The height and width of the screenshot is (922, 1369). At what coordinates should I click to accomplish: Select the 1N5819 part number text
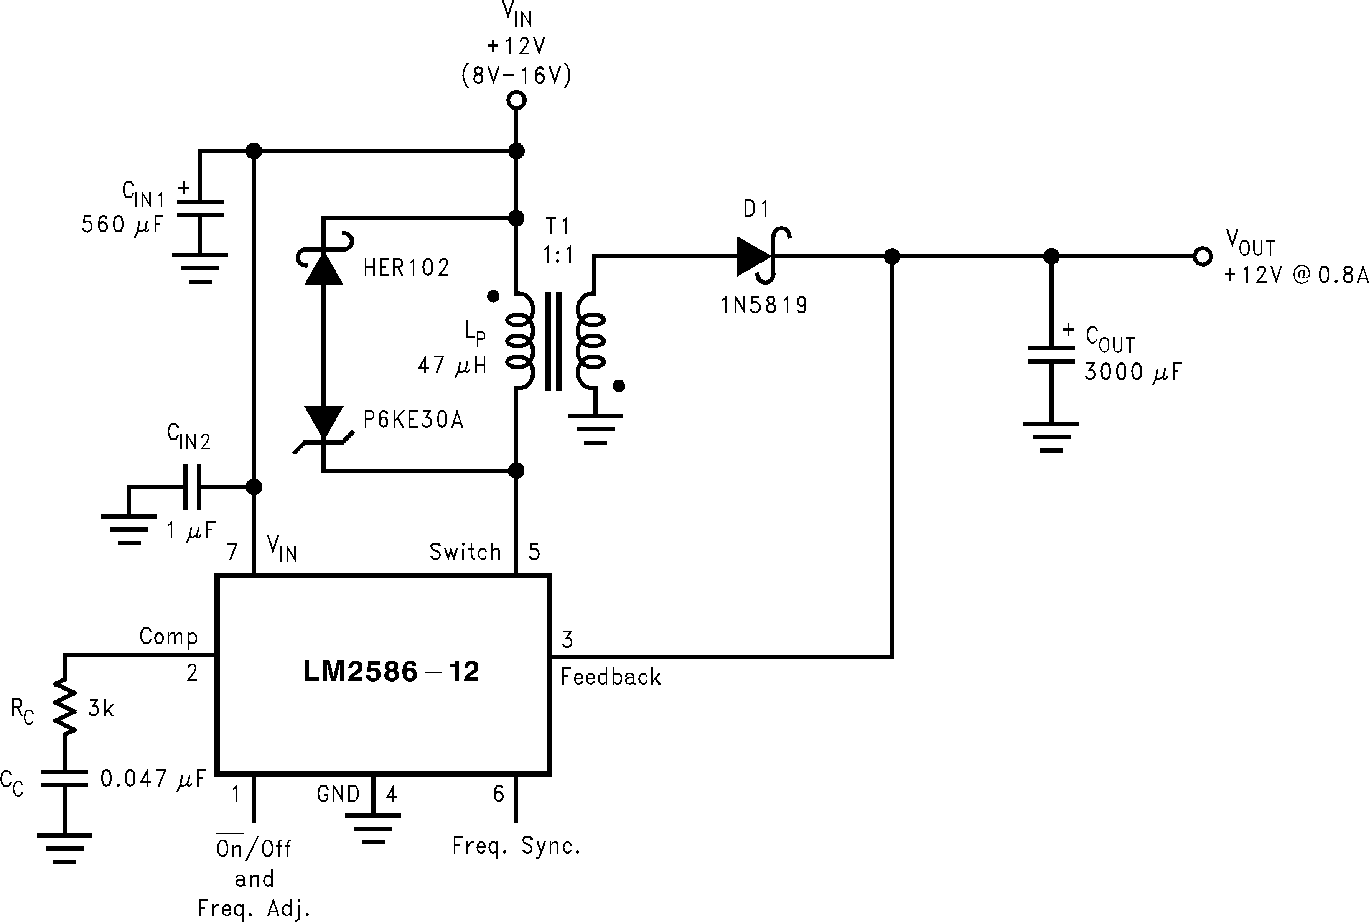764,305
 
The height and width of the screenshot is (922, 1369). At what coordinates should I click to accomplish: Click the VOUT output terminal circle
1203,256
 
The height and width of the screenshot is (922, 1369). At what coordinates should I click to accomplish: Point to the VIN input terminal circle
516,100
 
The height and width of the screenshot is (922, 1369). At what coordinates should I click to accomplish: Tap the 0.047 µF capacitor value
152,779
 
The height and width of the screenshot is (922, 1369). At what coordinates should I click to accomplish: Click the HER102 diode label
406,268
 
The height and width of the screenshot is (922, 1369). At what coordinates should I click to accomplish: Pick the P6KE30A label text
413,420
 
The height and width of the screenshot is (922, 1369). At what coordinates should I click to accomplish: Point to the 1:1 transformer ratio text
557,255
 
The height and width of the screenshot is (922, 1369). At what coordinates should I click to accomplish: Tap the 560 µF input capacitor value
122,225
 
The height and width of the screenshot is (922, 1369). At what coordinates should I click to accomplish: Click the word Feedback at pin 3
610,677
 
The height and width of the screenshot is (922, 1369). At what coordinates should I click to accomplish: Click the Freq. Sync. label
516,846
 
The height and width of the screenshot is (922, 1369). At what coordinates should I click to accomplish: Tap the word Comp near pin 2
168,636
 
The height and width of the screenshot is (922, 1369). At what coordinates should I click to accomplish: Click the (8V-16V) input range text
516,75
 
